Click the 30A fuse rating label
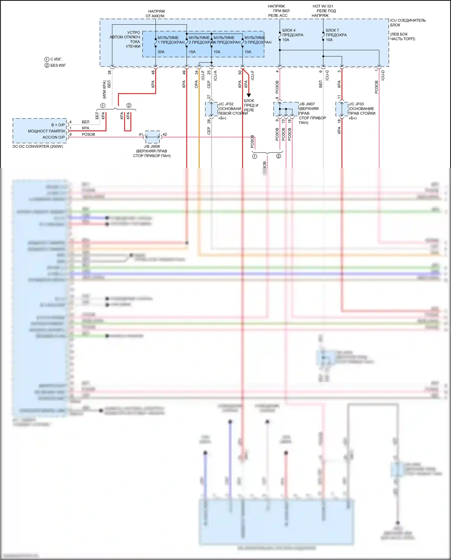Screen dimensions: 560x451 (161, 52)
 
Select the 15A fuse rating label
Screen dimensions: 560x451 (192, 52)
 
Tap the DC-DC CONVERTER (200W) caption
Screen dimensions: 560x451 (38, 147)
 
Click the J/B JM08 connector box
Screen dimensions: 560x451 (153, 137)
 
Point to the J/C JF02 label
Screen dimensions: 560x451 (226, 104)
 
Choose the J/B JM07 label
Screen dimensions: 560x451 (307, 104)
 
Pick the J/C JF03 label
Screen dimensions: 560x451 (356, 104)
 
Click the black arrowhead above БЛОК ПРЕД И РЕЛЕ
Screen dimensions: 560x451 (249, 95)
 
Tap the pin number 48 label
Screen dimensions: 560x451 (153, 73)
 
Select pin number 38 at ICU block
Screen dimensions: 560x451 (109, 73)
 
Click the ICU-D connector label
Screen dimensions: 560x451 (383, 75)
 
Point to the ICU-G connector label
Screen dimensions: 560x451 (327, 75)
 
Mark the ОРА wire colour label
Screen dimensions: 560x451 (196, 84)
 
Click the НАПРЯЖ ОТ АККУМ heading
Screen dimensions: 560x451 (155, 14)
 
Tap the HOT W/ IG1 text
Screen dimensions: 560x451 (323, 6)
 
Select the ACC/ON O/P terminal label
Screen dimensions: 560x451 (54, 137)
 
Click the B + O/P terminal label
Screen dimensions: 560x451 (58, 125)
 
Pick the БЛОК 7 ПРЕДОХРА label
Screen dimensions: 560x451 (336, 32)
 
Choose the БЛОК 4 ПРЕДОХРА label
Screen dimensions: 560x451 (293, 32)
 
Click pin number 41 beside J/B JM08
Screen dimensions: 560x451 (141, 135)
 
